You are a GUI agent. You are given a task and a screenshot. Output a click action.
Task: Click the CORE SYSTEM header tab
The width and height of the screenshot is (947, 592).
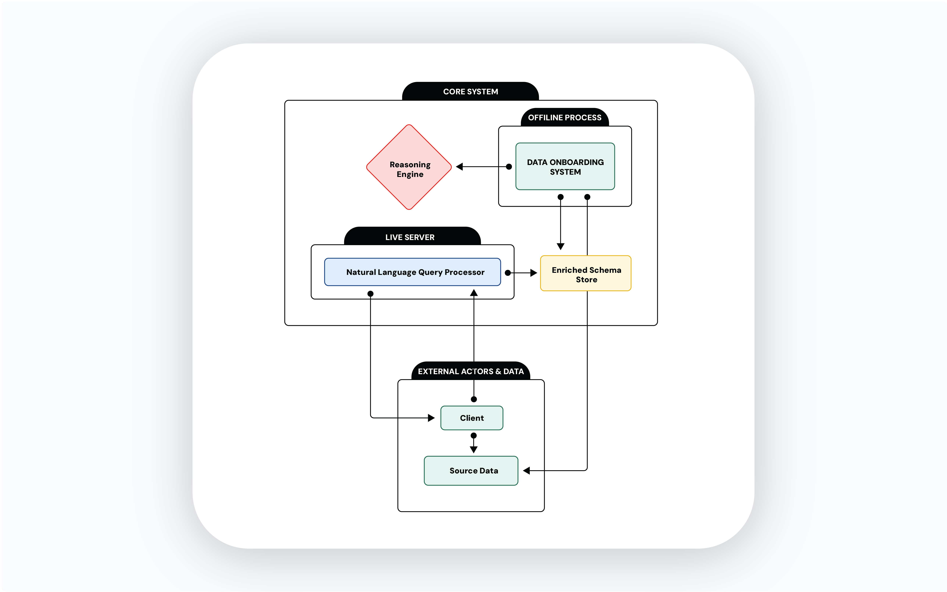point(470,92)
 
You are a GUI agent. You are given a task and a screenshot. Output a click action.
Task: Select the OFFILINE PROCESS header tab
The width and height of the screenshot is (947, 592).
point(565,117)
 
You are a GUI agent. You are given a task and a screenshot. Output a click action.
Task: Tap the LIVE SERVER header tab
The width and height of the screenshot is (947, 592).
point(410,237)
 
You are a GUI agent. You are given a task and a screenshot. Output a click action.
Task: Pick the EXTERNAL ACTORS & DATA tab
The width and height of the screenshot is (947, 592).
point(471,371)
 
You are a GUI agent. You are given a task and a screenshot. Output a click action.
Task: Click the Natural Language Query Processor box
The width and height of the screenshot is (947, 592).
point(413,272)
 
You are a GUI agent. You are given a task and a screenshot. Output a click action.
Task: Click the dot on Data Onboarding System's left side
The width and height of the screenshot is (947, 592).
point(509,167)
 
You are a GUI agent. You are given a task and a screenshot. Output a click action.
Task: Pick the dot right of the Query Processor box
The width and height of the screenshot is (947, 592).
point(508,273)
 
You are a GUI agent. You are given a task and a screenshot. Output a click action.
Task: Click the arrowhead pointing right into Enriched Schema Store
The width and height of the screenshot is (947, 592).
point(533,273)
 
